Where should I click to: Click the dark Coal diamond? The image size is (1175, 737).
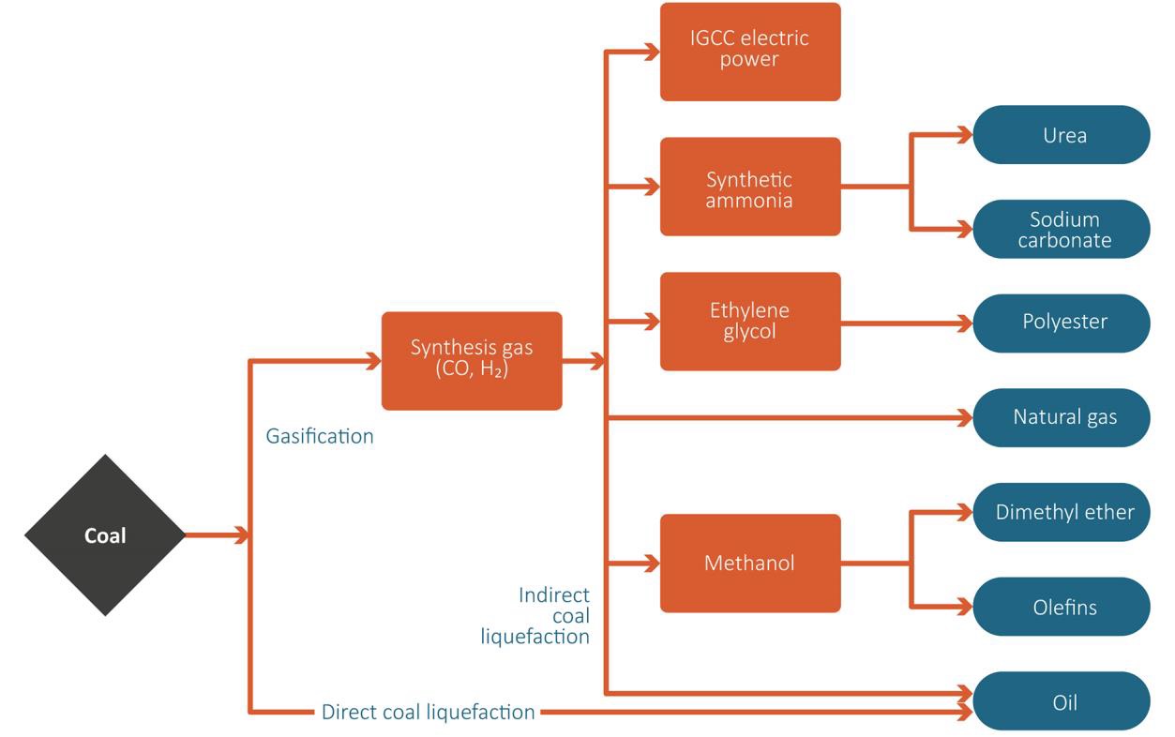click(105, 535)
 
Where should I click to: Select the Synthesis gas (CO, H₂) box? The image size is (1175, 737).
click(472, 360)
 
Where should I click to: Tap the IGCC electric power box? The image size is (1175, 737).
click(750, 52)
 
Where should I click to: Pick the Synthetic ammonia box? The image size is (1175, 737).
click(750, 187)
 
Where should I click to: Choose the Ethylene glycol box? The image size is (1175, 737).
click(750, 321)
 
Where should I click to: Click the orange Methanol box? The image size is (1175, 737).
click(750, 563)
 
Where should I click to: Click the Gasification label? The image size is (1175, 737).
click(320, 436)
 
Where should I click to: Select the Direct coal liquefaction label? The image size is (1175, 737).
click(428, 712)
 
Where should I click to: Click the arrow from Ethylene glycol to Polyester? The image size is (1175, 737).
click(905, 323)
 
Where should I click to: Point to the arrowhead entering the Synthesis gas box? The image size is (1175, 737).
click(372, 360)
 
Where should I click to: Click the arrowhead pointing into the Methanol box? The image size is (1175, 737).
click(651, 564)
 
